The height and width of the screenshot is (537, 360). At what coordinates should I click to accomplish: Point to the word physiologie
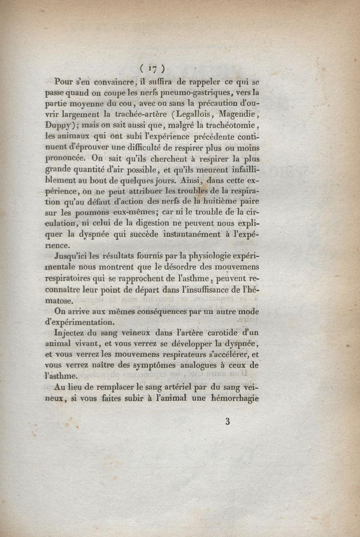click(214, 257)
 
